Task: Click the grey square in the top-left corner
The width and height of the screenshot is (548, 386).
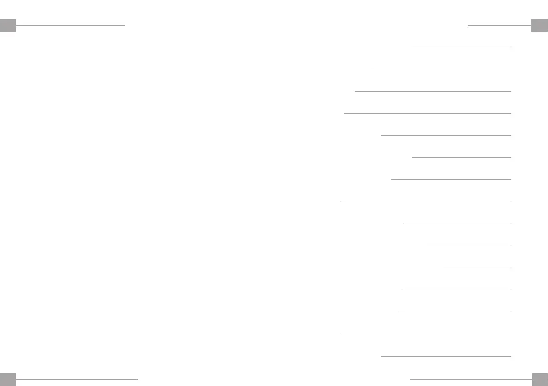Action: point(8,25)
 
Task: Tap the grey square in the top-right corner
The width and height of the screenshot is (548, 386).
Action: point(539,25)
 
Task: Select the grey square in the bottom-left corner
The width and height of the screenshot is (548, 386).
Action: point(8,379)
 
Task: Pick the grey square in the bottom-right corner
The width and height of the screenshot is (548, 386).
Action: point(539,379)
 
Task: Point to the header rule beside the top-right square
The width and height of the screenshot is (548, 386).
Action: point(499,25)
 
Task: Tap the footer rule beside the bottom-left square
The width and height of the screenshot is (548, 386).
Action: point(76,380)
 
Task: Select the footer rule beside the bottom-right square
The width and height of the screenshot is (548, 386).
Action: point(470,380)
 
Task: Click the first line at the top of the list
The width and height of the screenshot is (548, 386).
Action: point(461,47)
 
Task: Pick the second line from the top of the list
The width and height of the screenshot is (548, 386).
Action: point(442,69)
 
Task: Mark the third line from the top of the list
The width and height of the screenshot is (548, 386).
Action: point(433,91)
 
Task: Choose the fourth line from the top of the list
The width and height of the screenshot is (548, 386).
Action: point(427,113)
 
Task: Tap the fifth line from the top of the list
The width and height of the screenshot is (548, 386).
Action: point(446,135)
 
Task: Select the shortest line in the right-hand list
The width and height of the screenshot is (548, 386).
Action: point(477,268)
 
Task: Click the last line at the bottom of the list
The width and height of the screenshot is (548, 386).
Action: point(446,356)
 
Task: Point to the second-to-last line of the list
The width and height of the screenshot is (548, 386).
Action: point(426,334)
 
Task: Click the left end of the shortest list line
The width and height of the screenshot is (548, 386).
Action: point(444,268)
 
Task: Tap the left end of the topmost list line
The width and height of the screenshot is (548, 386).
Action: point(413,47)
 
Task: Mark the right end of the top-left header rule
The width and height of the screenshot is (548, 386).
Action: point(125,25)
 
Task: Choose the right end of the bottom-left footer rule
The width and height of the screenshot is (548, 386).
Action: point(137,380)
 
